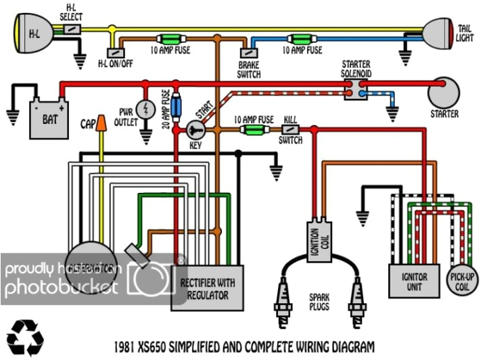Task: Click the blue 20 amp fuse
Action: [x=177, y=107]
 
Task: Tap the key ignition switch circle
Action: [x=195, y=129]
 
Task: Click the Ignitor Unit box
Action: [x=412, y=277]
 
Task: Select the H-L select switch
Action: [x=72, y=30]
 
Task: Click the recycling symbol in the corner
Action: [x=26, y=336]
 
